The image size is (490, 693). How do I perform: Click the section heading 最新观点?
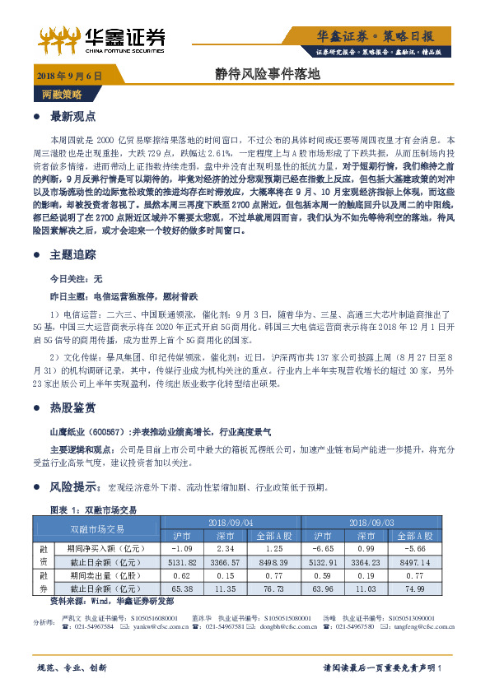click(x=74, y=116)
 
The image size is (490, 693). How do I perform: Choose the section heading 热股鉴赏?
click(x=74, y=407)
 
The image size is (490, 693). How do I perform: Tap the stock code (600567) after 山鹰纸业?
click(x=105, y=430)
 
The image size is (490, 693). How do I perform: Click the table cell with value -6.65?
click(x=321, y=548)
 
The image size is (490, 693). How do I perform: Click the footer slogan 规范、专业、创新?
click(x=72, y=667)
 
